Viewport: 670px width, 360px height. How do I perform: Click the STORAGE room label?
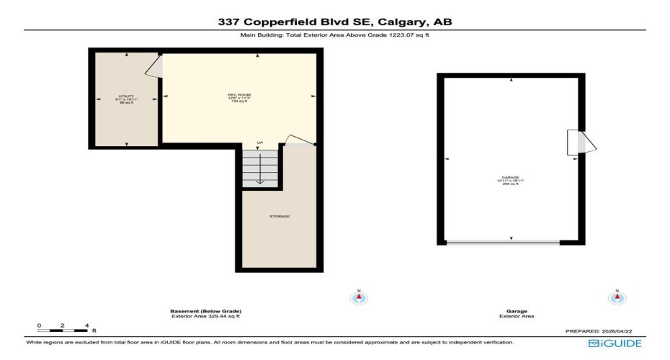280,216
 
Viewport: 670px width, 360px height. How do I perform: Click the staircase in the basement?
259,170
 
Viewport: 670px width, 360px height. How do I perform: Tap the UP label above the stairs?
259,144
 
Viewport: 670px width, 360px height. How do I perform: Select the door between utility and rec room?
153,67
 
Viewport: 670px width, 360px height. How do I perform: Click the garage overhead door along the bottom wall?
503,242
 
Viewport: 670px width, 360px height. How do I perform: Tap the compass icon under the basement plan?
358,297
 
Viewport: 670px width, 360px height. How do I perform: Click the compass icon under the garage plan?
616,297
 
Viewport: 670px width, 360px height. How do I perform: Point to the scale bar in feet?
63,328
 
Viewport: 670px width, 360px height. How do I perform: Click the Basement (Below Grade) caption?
205,311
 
